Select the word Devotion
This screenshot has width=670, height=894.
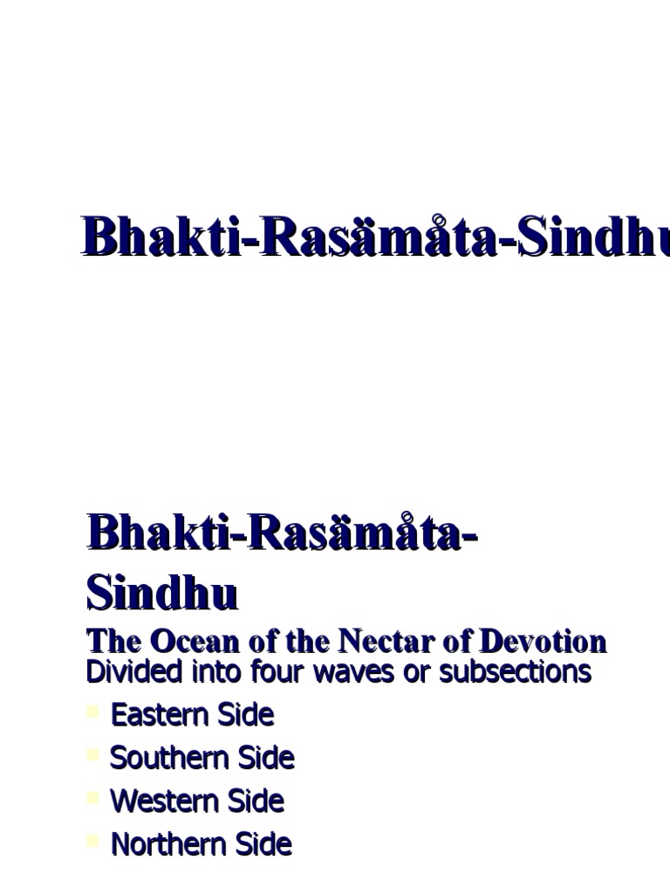(x=542, y=643)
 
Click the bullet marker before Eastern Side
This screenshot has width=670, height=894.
(x=93, y=713)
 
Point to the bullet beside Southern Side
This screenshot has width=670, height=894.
(x=93, y=756)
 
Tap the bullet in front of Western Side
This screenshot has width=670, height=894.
(x=93, y=799)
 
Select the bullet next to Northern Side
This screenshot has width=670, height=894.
(x=93, y=842)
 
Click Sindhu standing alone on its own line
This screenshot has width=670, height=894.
(x=162, y=594)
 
